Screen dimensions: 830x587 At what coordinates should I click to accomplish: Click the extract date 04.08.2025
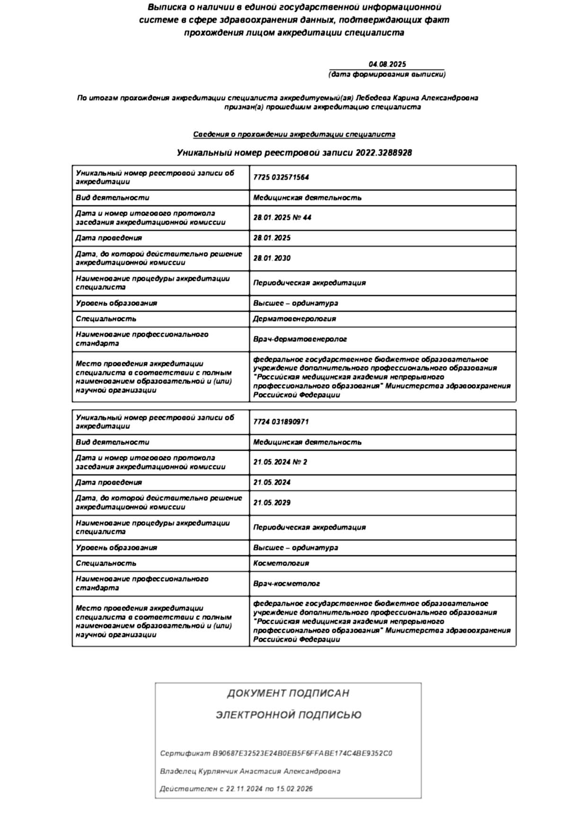387,64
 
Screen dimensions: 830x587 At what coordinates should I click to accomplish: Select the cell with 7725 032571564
281,177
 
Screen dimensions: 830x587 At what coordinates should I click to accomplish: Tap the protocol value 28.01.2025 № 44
282,218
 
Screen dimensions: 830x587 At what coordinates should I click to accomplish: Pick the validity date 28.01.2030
272,258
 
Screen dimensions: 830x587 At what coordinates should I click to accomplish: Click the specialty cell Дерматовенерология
294,319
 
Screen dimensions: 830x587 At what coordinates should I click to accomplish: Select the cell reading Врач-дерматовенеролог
300,339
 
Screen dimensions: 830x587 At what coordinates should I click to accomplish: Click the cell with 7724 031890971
281,422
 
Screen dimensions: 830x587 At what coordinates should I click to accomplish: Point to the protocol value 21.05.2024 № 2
280,462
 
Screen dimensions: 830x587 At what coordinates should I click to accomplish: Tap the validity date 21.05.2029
272,503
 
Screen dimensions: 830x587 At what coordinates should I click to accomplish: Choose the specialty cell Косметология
281,563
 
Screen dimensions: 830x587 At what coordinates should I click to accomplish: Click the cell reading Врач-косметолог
286,584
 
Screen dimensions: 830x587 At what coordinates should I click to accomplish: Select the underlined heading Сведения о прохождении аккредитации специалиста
294,134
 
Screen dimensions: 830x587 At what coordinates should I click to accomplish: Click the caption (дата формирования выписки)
387,74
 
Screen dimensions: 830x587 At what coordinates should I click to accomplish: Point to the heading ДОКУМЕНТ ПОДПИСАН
288,693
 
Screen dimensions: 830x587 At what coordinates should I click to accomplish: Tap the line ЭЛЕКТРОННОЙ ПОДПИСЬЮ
288,715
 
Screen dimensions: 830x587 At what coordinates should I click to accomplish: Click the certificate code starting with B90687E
302,753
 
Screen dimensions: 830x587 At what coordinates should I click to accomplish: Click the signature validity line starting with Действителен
236,789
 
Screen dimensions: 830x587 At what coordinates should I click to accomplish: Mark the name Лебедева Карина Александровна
417,98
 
